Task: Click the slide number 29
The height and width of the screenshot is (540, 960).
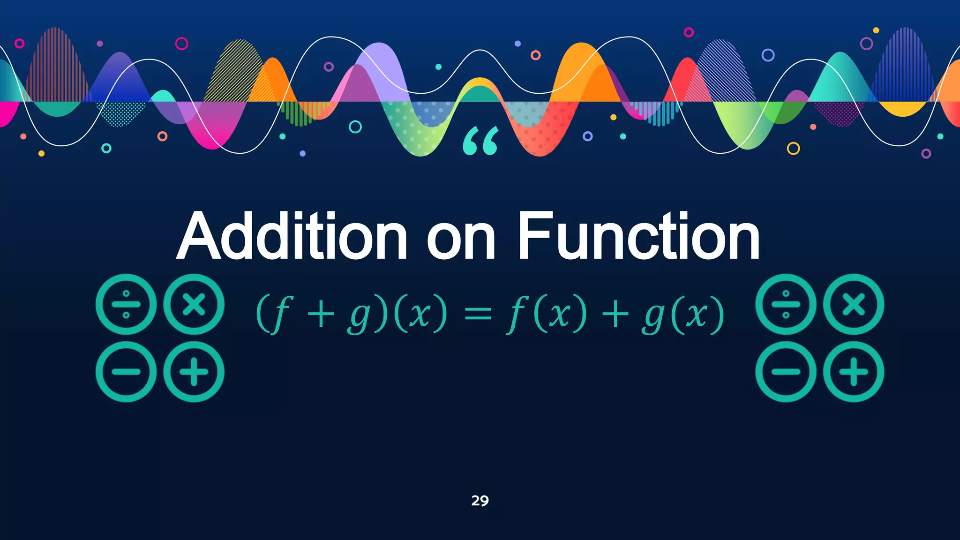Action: (x=480, y=501)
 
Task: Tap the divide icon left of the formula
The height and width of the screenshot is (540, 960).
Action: (x=126, y=304)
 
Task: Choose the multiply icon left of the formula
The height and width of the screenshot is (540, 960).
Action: (x=194, y=304)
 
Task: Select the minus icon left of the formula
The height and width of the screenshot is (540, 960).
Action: (x=126, y=372)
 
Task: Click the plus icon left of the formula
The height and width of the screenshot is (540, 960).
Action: (x=194, y=372)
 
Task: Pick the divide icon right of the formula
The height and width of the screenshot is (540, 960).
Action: (x=786, y=304)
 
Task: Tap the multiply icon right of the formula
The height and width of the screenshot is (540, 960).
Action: (x=854, y=304)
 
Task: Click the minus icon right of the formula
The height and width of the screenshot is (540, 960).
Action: (x=786, y=372)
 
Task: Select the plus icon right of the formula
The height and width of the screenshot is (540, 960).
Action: (x=854, y=372)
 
